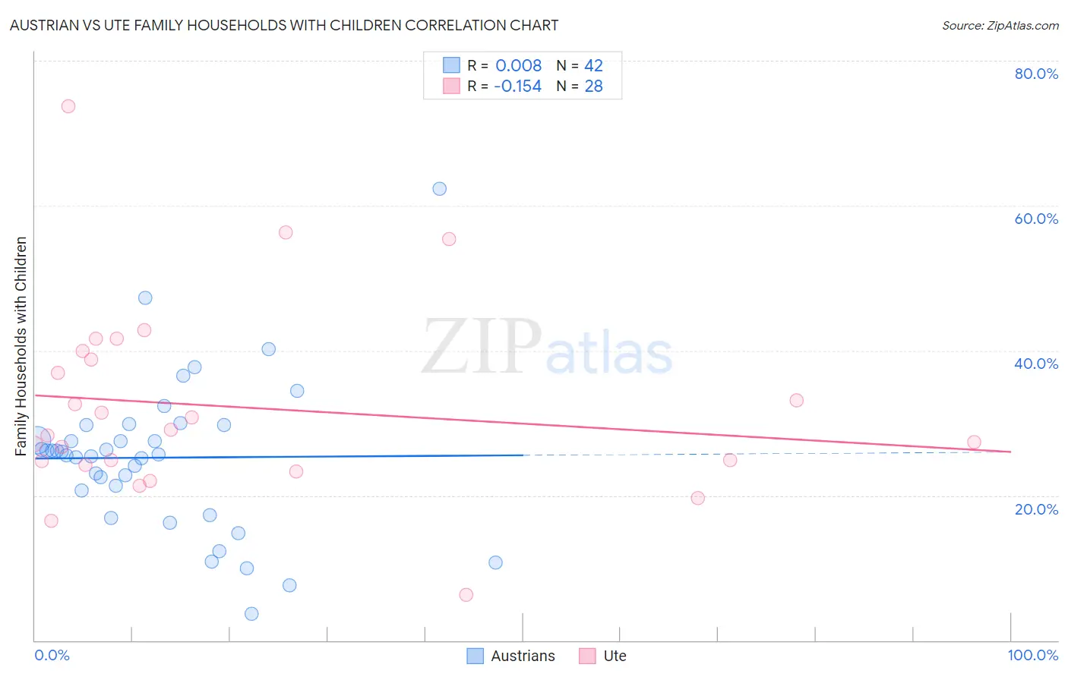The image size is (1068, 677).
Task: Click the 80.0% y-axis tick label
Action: pyautogui.click(x=1036, y=74)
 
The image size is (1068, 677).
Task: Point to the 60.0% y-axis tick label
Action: pyautogui.click(x=1036, y=219)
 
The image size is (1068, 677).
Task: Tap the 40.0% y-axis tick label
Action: pyautogui.click(x=1036, y=364)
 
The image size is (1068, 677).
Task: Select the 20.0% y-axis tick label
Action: pyautogui.click(x=1036, y=509)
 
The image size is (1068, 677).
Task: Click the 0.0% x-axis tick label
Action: pyautogui.click(x=52, y=655)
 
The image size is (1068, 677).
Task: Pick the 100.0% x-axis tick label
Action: pyautogui.click(x=1032, y=655)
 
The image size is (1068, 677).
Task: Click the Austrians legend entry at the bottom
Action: pyautogui.click(x=511, y=656)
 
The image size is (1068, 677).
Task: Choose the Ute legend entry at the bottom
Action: pyautogui.click(x=603, y=656)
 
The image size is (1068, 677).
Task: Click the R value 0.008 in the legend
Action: pyautogui.click(x=518, y=65)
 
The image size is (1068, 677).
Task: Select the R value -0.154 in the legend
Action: pyautogui.click(x=517, y=86)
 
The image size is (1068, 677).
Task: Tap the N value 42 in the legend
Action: pyautogui.click(x=593, y=65)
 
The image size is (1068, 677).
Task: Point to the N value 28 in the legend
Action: pyautogui.click(x=593, y=86)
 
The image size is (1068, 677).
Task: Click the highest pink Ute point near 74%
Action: pyautogui.click(x=68, y=106)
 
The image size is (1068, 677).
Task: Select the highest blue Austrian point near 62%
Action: pyautogui.click(x=439, y=189)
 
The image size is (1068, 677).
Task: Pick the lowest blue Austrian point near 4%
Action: pyautogui.click(x=251, y=613)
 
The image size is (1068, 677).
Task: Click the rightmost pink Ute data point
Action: pyautogui.click(x=974, y=442)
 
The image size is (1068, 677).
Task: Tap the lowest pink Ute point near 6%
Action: pyautogui.click(x=466, y=594)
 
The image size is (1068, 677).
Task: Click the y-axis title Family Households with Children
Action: pyautogui.click(x=21, y=346)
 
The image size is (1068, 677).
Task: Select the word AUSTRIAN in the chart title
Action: pyautogui.click(x=44, y=26)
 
